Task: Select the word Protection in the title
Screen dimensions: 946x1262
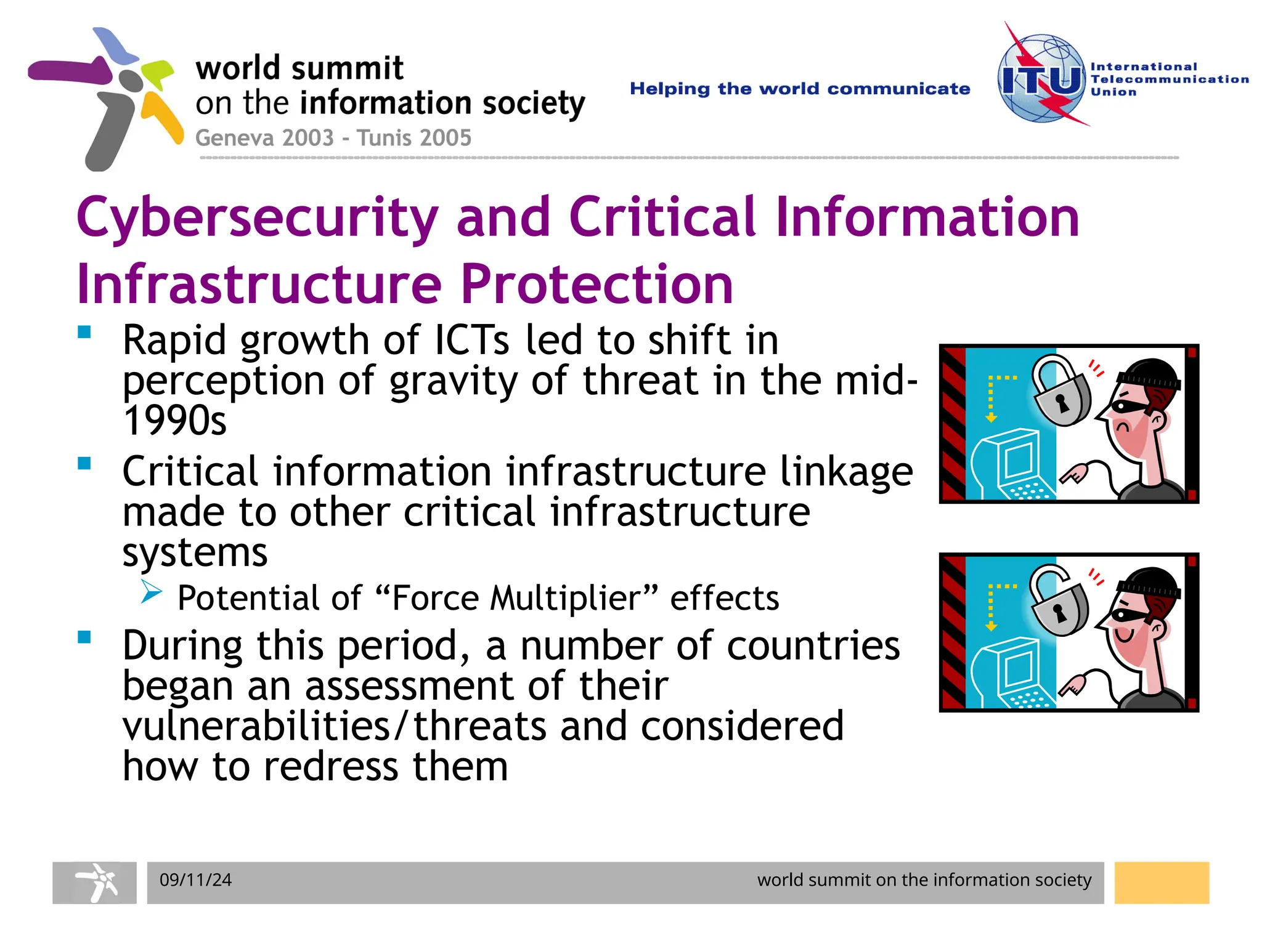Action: (596, 284)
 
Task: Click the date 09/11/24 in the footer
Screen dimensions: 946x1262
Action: (195, 879)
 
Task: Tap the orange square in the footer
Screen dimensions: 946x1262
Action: (1162, 883)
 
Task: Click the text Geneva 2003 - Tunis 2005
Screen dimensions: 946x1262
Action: (333, 137)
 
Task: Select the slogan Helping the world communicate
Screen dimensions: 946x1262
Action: (799, 89)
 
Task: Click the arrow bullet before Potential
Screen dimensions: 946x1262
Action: (150, 592)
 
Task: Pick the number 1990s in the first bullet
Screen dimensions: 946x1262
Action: (174, 421)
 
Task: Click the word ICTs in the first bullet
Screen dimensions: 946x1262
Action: (472, 340)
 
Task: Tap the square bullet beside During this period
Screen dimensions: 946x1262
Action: (84, 637)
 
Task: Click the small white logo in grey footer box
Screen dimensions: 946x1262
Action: (95, 883)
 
